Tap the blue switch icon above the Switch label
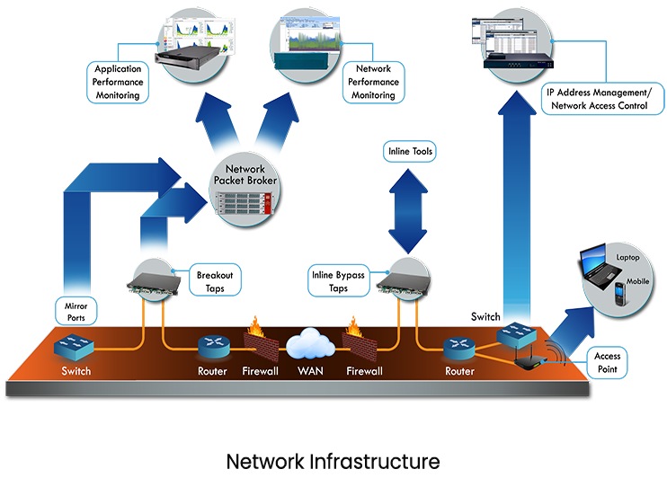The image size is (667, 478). pos(71,346)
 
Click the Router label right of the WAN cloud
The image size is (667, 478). pos(458,370)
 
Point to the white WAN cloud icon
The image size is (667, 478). pos(311,344)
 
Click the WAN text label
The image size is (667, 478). pos(311,370)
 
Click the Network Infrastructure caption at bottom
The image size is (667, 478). pos(333,460)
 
